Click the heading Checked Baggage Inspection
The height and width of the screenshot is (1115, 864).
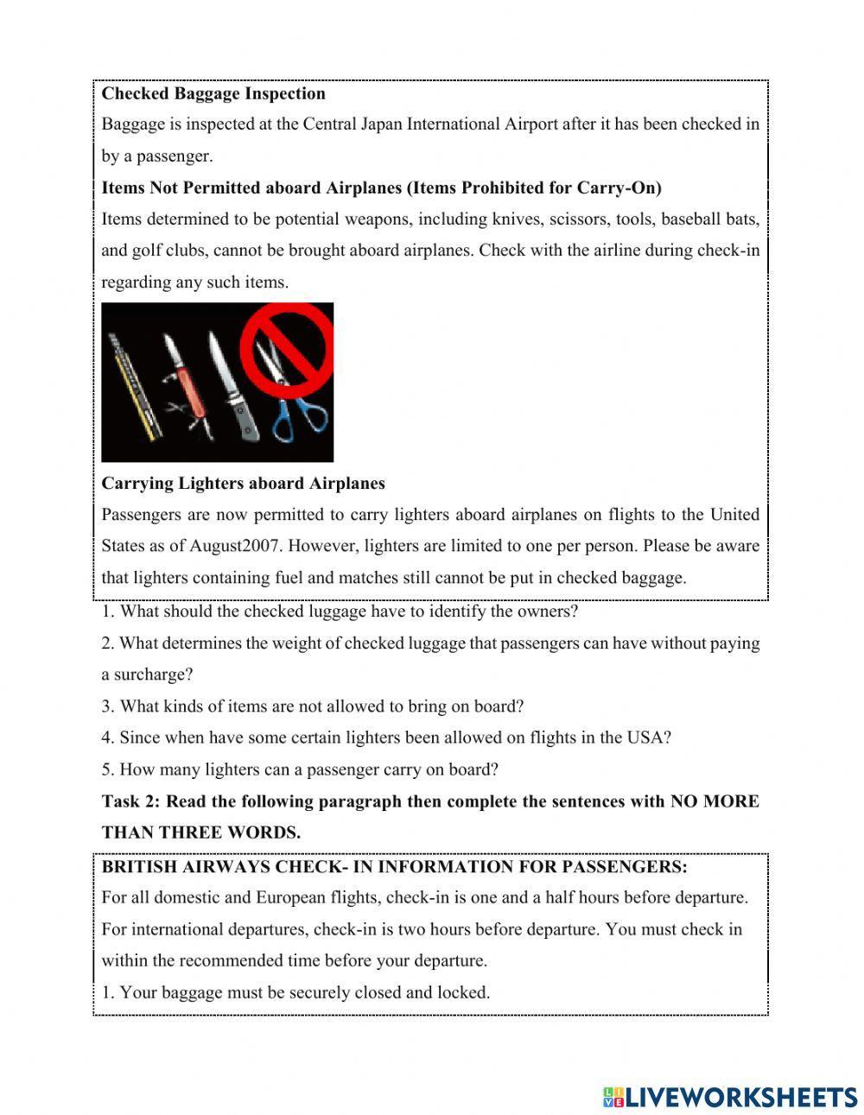(213, 93)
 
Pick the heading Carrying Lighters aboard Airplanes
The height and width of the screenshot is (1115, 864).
(243, 483)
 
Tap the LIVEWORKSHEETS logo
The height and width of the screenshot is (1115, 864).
(730, 1097)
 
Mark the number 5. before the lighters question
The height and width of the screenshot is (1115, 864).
(108, 769)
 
